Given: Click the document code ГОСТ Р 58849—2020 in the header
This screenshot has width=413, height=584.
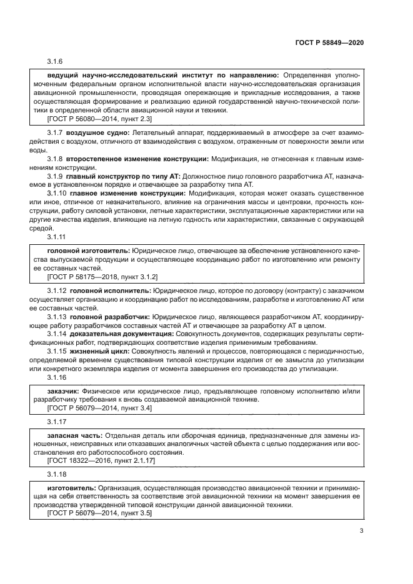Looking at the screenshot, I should tap(329, 44).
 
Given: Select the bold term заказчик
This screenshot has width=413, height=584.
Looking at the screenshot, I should tap(62, 391).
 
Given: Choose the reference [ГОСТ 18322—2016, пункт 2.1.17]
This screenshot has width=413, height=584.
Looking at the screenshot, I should tap(101, 460).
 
